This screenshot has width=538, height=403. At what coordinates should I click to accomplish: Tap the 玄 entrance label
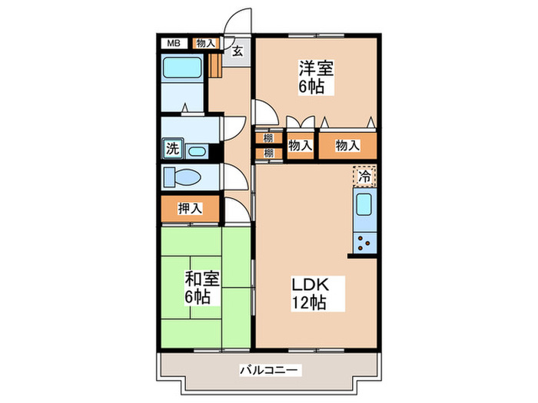[238, 51]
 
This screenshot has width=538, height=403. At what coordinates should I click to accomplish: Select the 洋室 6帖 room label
[312, 77]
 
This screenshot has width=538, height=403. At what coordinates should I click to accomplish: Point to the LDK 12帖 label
[309, 292]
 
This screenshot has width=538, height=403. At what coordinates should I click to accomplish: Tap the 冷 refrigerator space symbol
[366, 177]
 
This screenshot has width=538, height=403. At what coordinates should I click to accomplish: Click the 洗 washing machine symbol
[172, 150]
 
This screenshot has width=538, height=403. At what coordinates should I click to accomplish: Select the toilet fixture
[183, 177]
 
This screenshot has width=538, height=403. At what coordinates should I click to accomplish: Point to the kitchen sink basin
[364, 205]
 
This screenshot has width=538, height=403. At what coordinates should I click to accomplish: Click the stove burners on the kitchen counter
[364, 245]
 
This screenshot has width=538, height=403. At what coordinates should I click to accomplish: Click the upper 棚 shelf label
[268, 139]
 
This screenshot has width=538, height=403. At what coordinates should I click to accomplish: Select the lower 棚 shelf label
[268, 153]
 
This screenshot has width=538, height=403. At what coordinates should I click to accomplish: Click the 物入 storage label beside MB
[205, 43]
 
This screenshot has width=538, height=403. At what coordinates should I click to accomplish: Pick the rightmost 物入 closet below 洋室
[347, 144]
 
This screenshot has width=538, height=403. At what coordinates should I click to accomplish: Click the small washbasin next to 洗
[197, 150]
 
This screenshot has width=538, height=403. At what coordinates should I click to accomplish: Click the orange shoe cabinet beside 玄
[215, 62]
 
